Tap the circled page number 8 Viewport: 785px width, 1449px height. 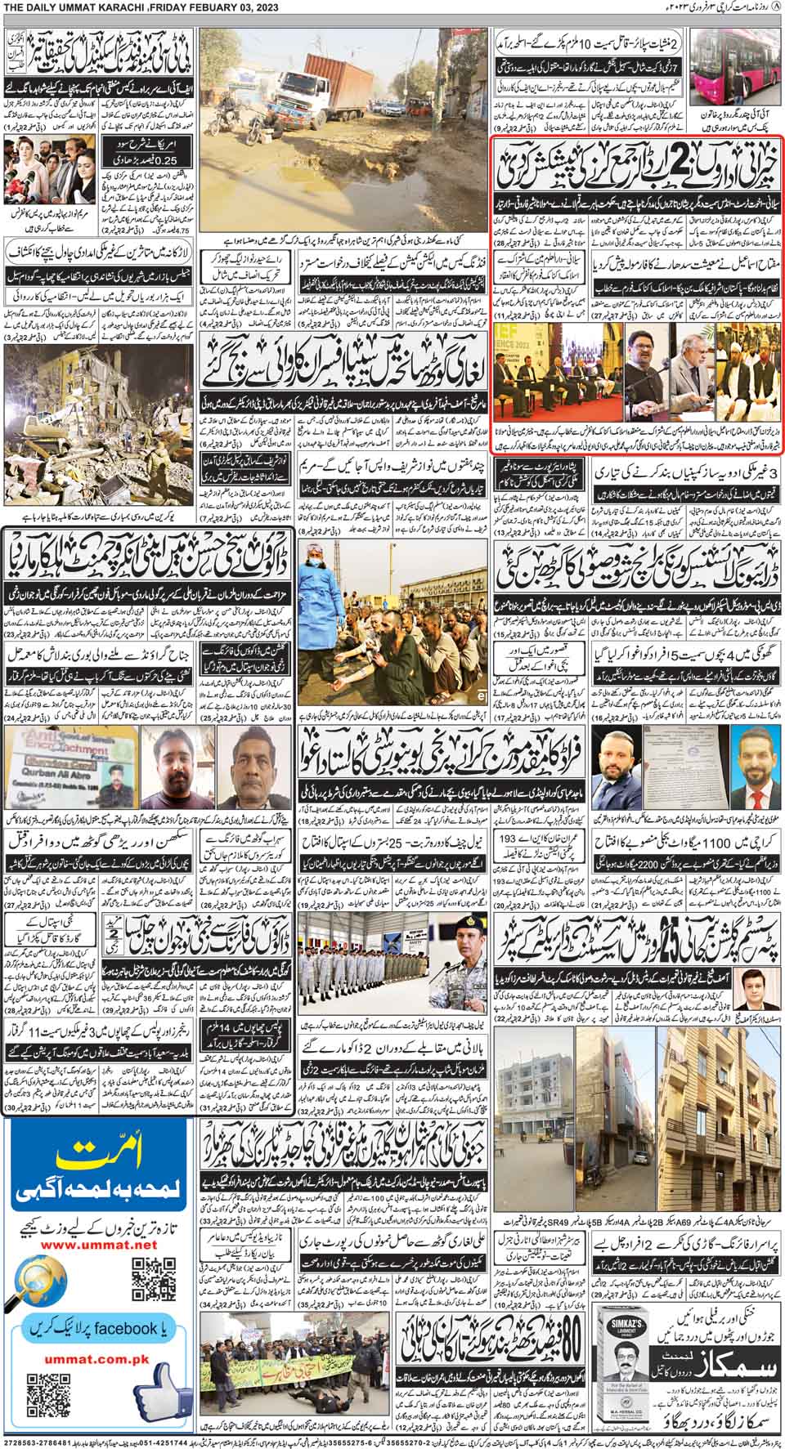tap(776, 7)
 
